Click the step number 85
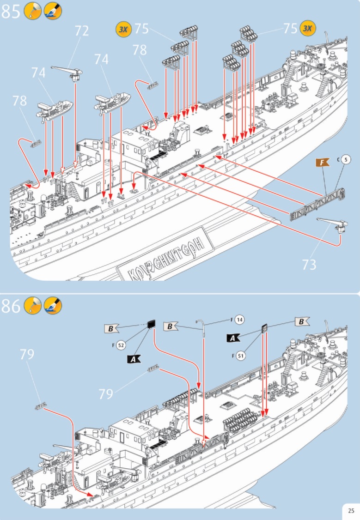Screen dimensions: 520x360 coord(11,11)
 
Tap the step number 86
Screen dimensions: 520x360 coord(11,306)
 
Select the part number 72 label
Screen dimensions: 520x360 coord(81,31)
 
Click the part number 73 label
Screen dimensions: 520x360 coord(309,265)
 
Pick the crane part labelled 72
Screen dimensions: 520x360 coord(67,72)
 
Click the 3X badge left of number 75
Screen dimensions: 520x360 coord(124,29)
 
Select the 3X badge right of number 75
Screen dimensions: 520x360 coord(307,28)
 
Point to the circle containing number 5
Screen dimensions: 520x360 coord(347,160)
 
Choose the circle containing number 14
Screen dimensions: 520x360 coord(239,320)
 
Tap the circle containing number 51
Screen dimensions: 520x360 coord(240,355)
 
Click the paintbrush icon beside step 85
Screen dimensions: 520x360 coord(53,11)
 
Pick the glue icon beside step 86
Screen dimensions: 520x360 coord(32,306)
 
